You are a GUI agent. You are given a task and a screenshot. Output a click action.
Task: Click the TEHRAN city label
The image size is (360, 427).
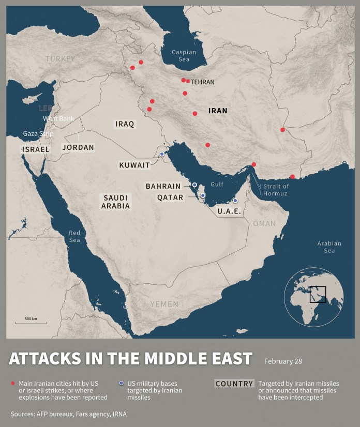[202, 82]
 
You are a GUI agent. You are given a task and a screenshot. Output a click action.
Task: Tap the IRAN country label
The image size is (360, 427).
[218, 111]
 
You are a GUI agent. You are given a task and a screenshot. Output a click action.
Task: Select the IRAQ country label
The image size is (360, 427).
[125, 124]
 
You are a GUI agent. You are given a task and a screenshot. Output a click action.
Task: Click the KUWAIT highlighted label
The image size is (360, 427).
[134, 165]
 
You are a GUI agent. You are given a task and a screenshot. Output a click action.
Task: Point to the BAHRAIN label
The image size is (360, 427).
[163, 186]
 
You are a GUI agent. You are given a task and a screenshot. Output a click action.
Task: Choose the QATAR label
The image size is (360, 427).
[170, 197]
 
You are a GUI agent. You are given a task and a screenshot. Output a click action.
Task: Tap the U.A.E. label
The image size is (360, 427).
[229, 211]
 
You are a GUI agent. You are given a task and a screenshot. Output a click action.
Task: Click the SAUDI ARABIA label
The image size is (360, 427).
[116, 202]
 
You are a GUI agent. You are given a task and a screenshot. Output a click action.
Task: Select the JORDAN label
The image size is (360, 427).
[78, 147]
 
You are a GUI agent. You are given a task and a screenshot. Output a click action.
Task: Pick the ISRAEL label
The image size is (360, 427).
[35, 149]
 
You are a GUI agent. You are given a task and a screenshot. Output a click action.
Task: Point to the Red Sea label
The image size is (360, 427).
[74, 236]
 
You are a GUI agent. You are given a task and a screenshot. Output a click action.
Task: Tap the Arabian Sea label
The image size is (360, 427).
[329, 247]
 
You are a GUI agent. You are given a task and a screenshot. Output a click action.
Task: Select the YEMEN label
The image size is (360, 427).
[164, 304]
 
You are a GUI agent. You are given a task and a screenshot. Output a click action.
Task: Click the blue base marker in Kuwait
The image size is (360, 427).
[162, 154]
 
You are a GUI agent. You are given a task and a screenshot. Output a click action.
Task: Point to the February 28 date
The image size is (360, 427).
[283, 361]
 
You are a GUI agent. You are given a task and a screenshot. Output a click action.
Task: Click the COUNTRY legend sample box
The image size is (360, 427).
[234, 384]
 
